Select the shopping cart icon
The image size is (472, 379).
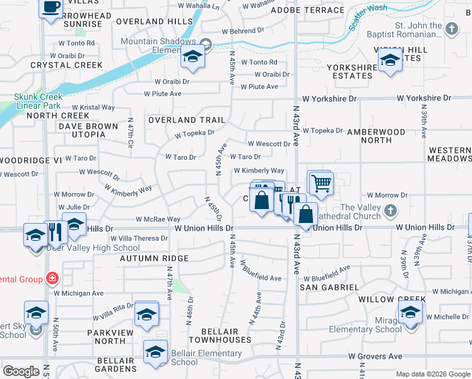click(321, 183)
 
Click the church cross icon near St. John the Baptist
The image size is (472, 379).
click(452, 28)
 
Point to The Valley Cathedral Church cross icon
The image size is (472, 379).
click(391, 209)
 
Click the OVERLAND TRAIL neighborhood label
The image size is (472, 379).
click(186, 120)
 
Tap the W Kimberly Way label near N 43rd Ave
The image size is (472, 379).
click(259, 171)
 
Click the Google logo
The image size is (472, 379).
click(21, 371)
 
